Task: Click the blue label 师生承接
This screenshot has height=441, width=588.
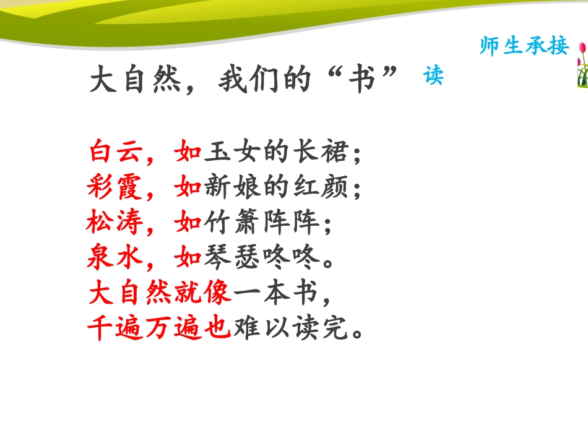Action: (524, 45)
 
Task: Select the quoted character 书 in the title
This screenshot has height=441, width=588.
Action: (362, 81)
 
